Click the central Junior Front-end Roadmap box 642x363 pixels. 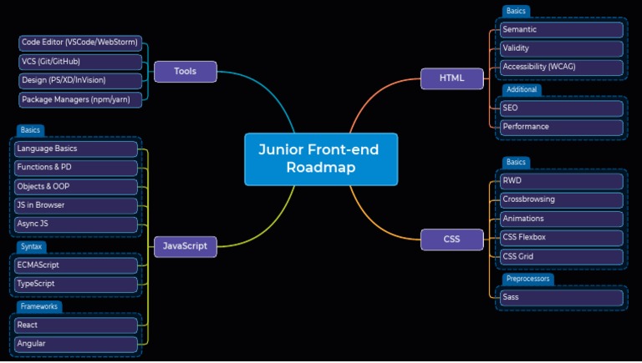pos(320,159)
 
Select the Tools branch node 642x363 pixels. pos(185,72)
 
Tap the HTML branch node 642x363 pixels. pos(451,78)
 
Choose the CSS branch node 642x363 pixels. pos(451,239)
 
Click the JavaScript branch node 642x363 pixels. pos(185,246)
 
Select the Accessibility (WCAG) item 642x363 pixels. pos(561,67)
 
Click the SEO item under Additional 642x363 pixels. pos(561,108)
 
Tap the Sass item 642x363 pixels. pos(561,297)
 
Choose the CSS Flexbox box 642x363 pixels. pos(561,238)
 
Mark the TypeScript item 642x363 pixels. pos(76,284)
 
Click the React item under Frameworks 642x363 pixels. pos(76,325)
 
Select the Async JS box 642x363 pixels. pos(76,224)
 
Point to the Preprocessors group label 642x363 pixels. pos(528,279)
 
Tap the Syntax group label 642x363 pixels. pos(32,247)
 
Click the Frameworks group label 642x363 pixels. pos(38,306)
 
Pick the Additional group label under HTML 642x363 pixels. pos(522,89)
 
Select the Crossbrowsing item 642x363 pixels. pos(561,199)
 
